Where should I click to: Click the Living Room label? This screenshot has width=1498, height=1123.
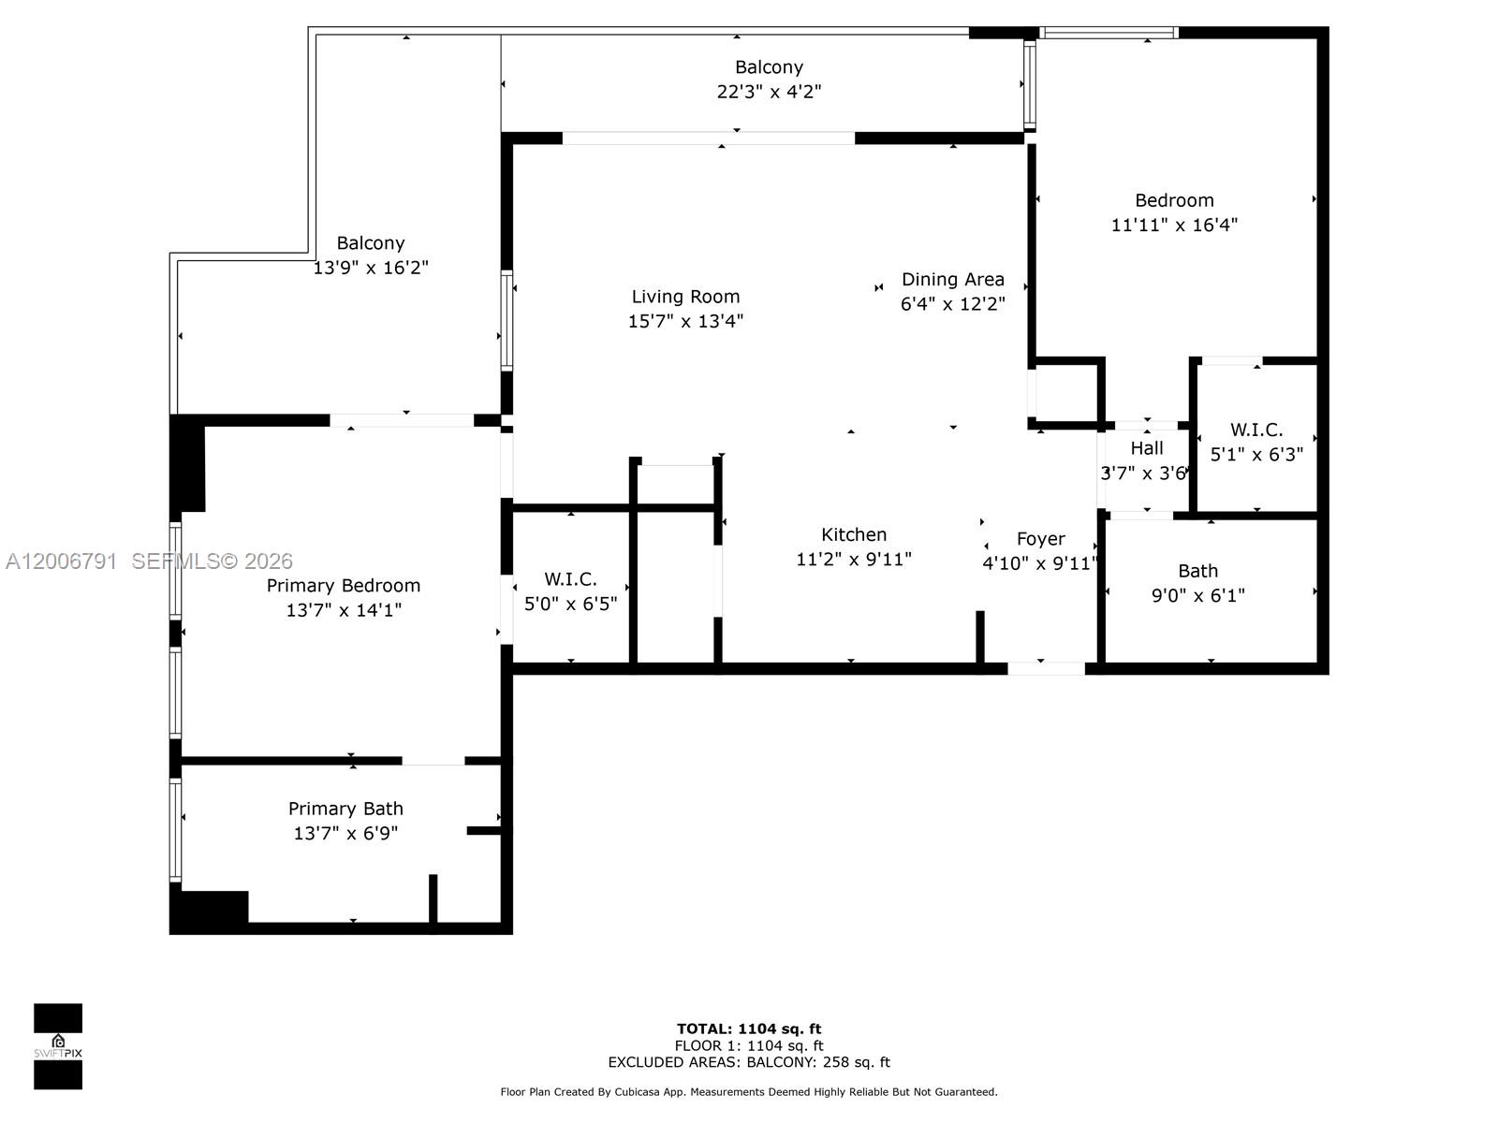pos(685,297)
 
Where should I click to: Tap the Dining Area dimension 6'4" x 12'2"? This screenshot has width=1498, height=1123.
pos(952,304)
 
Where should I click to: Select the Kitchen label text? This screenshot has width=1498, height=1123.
pos(853,534)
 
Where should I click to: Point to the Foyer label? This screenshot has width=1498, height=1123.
pos(1040,539)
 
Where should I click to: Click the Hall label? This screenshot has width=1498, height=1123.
pos(1146,448)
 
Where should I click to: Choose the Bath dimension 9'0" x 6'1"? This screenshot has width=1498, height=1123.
pos(1197,595)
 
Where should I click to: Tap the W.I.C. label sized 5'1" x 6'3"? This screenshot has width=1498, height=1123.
pos(1256,430)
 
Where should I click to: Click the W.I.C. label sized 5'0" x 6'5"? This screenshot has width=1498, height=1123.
pos(570,579)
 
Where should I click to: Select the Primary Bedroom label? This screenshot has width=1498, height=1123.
pos(343,586)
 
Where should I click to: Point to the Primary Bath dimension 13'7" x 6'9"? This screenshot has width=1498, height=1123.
pos(345,833)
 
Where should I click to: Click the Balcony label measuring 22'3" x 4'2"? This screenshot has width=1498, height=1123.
pos(769,67)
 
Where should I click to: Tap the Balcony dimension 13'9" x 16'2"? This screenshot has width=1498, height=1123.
pos(370,268)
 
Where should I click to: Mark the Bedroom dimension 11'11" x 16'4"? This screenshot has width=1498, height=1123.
pos(1174,225)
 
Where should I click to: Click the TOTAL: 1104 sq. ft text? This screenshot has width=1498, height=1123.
pos(749,1028)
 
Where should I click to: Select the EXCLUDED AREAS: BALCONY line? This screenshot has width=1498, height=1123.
pos(749,1062)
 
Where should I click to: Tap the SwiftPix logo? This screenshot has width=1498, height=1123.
pos(58,1046)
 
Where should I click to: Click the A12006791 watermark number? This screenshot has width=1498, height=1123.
pos(61,561)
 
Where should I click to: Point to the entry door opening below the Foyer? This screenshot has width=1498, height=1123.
pos(1046,668)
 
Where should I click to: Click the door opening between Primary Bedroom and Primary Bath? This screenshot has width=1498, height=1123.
pos(433,761)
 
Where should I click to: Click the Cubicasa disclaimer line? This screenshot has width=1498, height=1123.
pos(749,1092)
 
